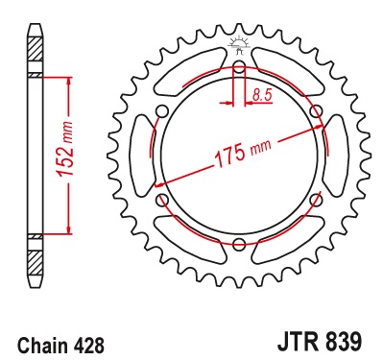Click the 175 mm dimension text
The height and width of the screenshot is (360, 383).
click(x=243, y=153)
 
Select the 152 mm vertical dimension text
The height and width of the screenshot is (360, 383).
click(x=65, y=148)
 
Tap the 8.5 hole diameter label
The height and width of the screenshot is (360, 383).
click(x=262, y=95)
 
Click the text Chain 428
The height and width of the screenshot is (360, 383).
click(x=60, y=346)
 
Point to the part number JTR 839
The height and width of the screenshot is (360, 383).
click(x=320, y=343)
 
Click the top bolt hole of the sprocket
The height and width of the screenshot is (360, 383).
click(x=239, y=68)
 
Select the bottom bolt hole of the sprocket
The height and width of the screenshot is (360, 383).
click(x=239, y=244)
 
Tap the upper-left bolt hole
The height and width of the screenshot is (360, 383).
click(x=162, y=112)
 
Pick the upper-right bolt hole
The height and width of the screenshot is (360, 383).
click(x=316, y=112)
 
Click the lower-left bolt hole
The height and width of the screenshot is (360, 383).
click(x=162, y=200)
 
